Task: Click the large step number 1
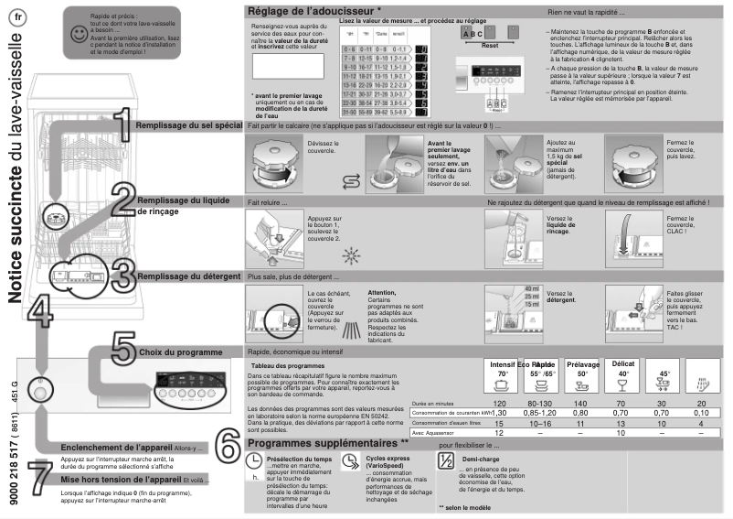(x=120, y=124)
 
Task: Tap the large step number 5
(x=124, y=351)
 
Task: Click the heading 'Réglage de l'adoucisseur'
(x=313, y=11)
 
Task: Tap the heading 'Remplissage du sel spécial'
(x=188, y=124)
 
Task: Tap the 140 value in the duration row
(x=581, y=404)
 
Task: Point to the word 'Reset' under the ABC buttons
(x=489, y=44)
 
